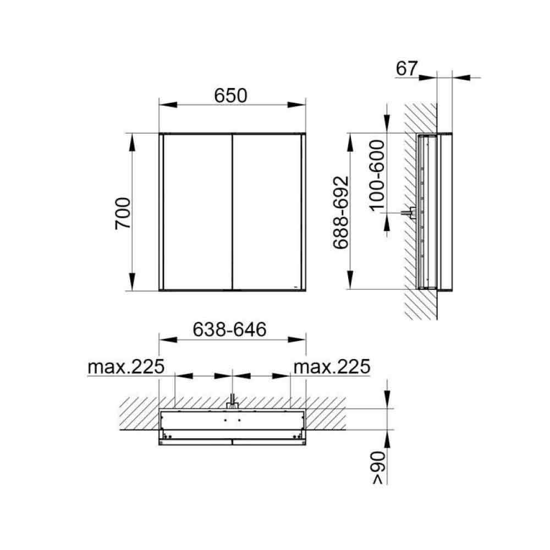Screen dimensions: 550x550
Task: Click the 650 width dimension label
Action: coord(230,95)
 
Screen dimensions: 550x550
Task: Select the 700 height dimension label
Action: coord(123,213)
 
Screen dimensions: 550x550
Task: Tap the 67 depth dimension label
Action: coord(406,68)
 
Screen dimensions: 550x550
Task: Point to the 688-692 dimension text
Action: coord(340,212)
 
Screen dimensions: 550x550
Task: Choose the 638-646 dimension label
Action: coord(230,329)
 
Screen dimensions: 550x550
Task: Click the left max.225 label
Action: coord(126,366)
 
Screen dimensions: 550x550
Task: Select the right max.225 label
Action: coord(332,366)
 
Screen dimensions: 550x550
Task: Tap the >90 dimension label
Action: coord(379,468)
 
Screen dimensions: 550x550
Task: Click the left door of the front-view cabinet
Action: coord(198,212)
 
